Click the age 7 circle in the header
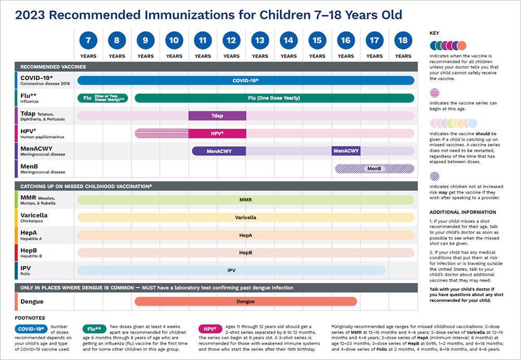(88, 40)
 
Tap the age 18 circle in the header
(403, 40)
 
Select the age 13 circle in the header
(260, 40)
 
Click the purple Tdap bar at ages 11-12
(217, 116)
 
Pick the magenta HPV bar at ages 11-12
(217, 133)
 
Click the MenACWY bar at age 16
(346, 151)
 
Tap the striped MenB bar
(374, 169)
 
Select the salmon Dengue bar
(245, 301)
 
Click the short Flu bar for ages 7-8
(103, 98)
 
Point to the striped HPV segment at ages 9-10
(162, 133)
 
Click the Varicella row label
(34, 217)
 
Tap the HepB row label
(29, 253)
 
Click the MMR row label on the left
(29, 200)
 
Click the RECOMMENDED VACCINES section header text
(53, 67)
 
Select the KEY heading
(434, 33)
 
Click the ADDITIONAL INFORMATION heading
(463, 212)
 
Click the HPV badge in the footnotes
(209, 329)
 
